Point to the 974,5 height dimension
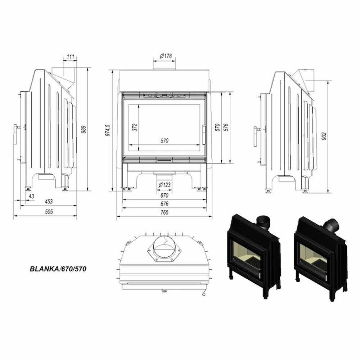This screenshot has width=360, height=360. point(107,129)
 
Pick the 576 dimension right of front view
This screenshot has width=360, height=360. point(226,127)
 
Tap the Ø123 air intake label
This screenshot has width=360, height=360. point(165,185)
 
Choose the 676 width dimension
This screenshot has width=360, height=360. point(165,204)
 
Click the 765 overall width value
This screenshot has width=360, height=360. point(165,212)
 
